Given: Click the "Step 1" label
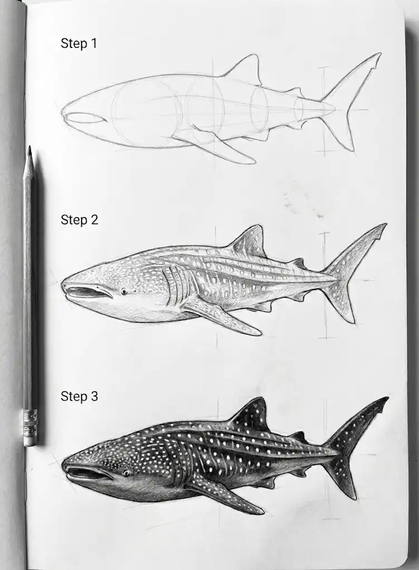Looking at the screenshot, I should [x=79, y=43].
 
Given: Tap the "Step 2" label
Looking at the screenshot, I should [x=79, y=220].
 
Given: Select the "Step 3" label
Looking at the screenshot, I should [x=79, y=396].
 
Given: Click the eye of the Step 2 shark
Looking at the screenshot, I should [x=123, y=291].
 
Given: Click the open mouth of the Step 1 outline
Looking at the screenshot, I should [x=85, y=118].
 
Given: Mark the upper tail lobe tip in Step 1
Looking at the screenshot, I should [x=380, y=55].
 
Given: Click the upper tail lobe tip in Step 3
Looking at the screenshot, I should [x=387, y=399].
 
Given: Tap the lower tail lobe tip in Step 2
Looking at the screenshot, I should [x=353, y=322].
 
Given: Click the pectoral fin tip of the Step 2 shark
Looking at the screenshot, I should [x=259, y=333].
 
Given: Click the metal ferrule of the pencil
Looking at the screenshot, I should [x=30, y=420].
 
